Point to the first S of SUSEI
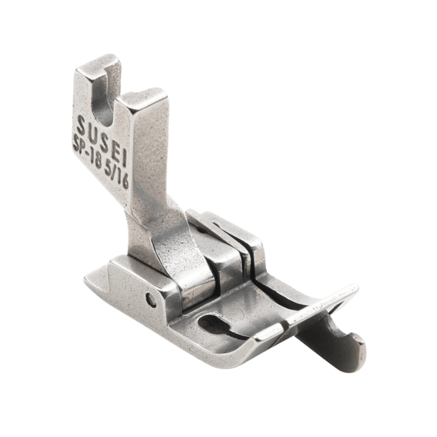[81, 125]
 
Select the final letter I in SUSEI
[124, 159]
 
